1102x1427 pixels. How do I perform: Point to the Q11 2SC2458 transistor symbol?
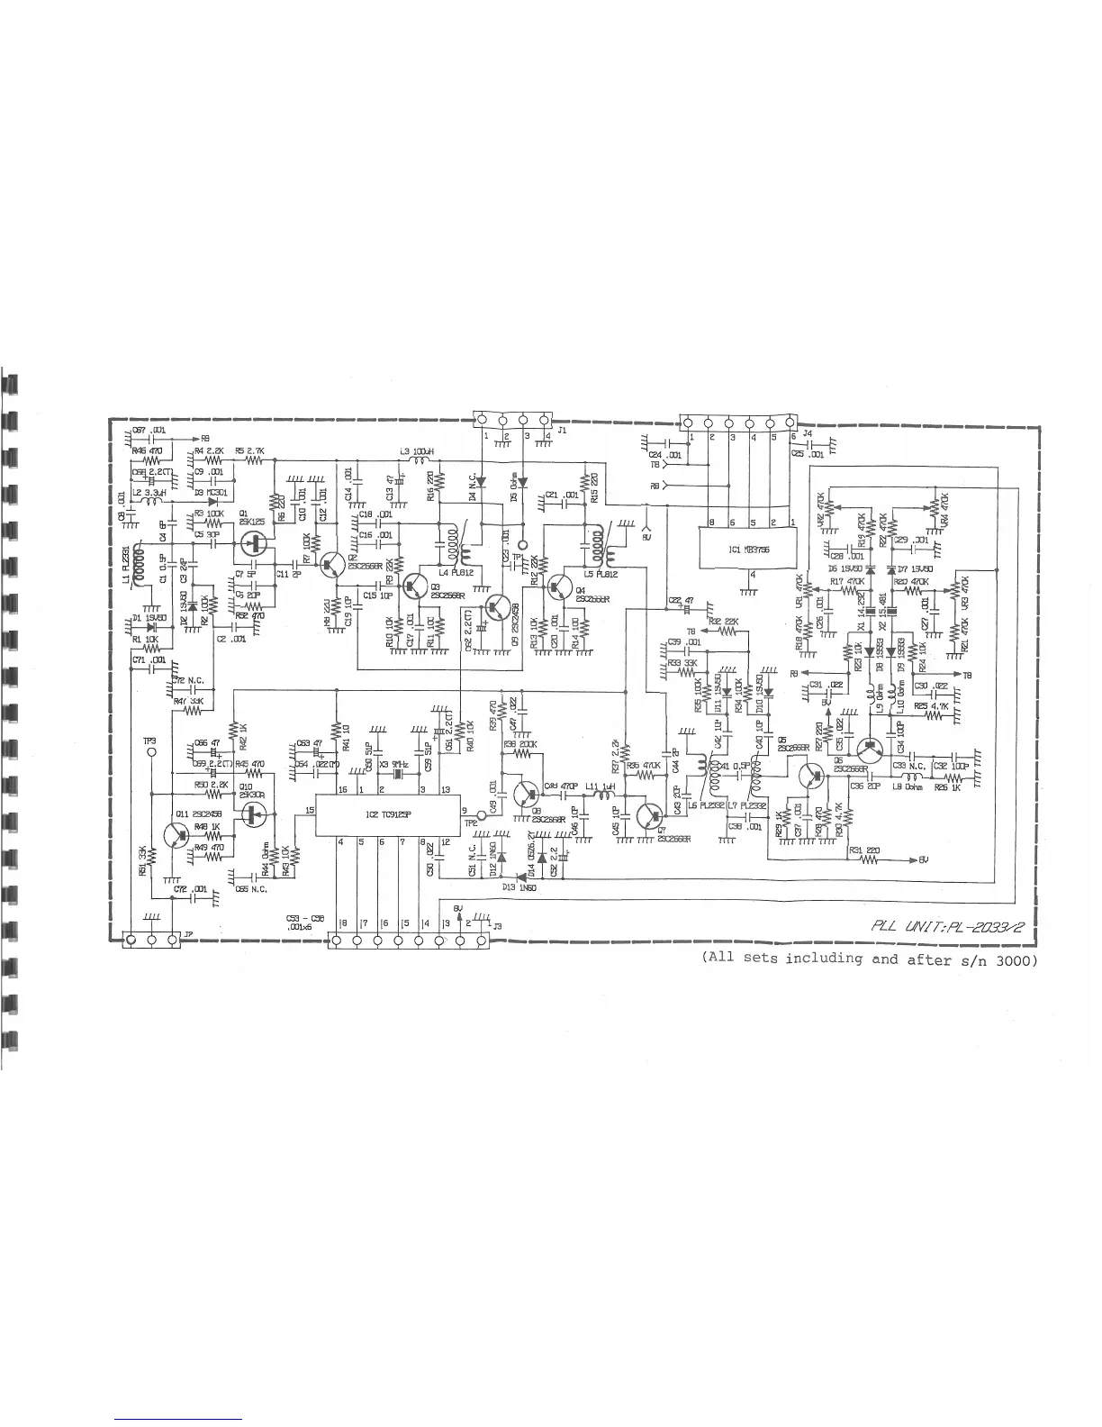tap(177, 836)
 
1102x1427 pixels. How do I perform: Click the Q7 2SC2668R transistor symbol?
tap(647, 815)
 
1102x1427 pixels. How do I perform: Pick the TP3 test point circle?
tap(150, 750)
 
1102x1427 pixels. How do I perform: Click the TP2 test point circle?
tap(481, 815)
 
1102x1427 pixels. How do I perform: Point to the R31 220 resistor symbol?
tap(870, 859)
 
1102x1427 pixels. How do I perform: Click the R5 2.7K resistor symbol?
tap(255, 460)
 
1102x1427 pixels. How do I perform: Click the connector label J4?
tap(807, 433)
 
